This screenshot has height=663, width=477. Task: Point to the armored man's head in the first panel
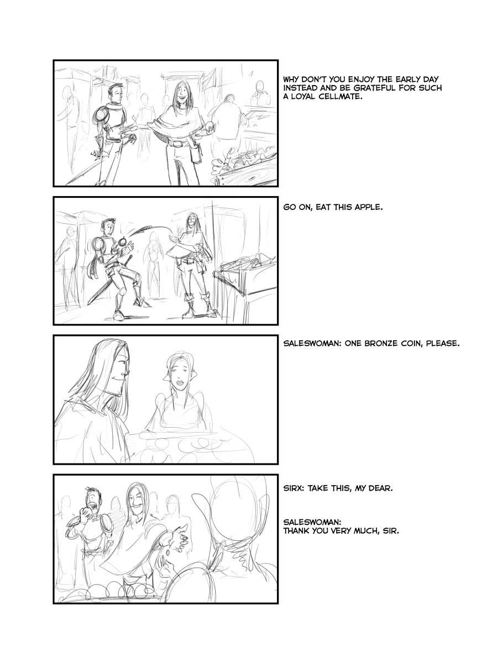coord(114,92)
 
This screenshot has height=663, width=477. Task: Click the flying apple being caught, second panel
coord(123,243)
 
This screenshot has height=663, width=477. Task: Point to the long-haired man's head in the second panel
coord(190,220)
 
